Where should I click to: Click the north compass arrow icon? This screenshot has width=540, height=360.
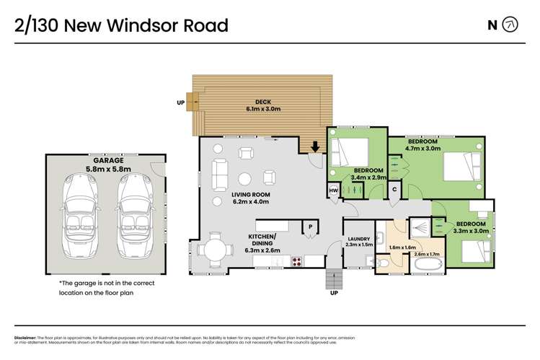(x=510, y=25)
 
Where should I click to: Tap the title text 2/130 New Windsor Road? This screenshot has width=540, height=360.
(x=121, y=25)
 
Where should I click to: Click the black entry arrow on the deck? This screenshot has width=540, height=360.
(x=315, y=147)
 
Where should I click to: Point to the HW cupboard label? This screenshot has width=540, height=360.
(x=333, y=190)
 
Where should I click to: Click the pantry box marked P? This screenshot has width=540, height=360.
(x=311, y=227)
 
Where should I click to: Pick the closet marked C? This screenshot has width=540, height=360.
(x=394, y=189)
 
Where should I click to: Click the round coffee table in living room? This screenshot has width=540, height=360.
(x=246, y=178)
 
